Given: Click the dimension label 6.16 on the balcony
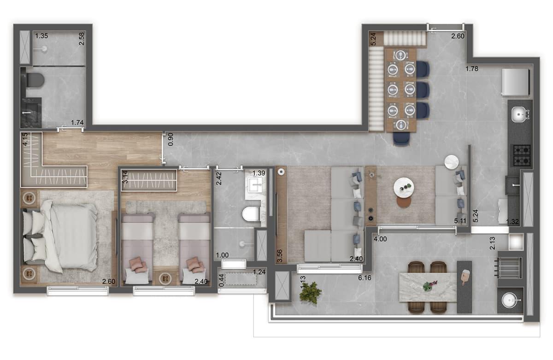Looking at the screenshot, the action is coord(365,278).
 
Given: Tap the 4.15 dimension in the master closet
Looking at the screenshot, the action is coord(25,139).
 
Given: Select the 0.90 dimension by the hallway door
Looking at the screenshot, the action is coord(171,140).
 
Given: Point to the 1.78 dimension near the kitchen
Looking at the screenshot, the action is coord(472,69).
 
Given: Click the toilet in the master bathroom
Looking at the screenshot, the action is coord(35,80).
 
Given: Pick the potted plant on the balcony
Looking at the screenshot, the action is coord(310,293).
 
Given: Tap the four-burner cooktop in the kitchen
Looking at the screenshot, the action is coord(522,155).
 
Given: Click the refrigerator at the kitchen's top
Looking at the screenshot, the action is coord(516,82).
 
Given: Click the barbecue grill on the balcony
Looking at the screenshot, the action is coord(509,268).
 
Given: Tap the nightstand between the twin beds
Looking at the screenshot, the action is coord(165,278).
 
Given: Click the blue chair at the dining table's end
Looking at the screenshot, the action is coord(401,140).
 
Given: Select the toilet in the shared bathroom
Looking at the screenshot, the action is coord(251,214).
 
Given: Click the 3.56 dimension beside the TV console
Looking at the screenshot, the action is coord(280,256).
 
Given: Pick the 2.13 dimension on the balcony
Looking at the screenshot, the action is coord(493,243).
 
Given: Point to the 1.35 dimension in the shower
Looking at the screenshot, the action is coord(41,36).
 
